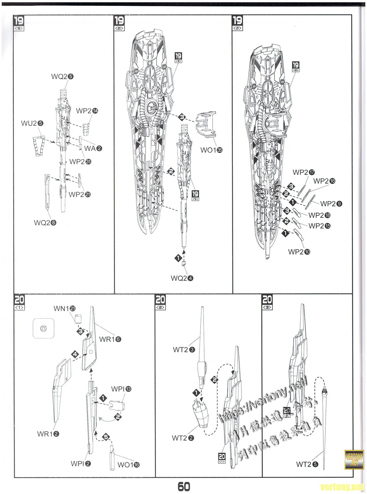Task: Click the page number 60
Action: (x=183, y=486)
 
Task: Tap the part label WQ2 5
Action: (x=62, y=76)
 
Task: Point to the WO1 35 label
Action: (x=212, y=150)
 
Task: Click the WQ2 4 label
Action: (x=182, y=278)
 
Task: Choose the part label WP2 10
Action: (x=299, y=252)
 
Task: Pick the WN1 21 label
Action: (x=65, y=309)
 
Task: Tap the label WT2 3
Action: (x=184, y=350)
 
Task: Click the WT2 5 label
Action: (x=307, y=464)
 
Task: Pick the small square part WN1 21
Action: (x=78, y=319)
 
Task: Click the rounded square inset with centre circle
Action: (x=43, y=328)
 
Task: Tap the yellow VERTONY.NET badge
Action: (x=353, y=459)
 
